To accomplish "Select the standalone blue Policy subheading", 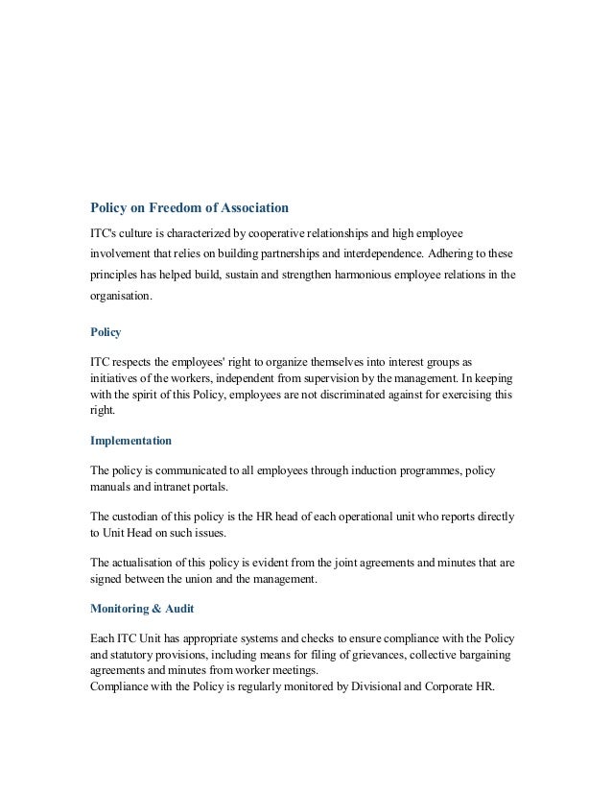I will (106, 332).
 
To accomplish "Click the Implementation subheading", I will (130, 442).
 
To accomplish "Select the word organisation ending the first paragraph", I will (120, 297).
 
